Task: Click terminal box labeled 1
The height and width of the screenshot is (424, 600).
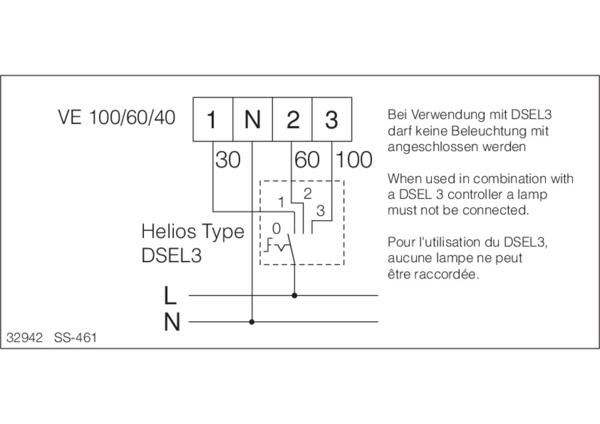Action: (x=213, y=119)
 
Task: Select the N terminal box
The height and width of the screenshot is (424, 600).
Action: (x=253, y=119)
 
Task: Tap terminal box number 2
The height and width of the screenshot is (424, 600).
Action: (x=292, y=119)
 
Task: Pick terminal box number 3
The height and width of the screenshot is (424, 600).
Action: (x=332, y=119)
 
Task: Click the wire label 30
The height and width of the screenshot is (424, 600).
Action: (x=228, y=160)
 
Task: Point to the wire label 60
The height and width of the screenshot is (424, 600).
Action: (x=307, y=160)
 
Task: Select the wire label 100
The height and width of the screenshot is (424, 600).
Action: (x=353, y=160)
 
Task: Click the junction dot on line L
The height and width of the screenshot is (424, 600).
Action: (x=294, y=295)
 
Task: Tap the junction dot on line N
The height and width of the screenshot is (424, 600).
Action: (x=251, y=322)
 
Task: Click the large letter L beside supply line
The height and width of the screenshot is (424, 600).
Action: (x=170, y=296)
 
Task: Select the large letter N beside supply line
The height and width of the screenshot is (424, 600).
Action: (x=172, y=322)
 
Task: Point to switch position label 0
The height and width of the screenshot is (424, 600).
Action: (x=276, y=228)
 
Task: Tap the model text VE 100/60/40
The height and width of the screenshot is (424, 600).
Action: (x=117, y=117)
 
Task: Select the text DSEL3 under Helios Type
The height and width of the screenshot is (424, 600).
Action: (x=172, y=255)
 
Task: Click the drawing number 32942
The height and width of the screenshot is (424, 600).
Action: (x=25, y=338)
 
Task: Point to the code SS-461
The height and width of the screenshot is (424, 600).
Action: (x=76, y=338)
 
